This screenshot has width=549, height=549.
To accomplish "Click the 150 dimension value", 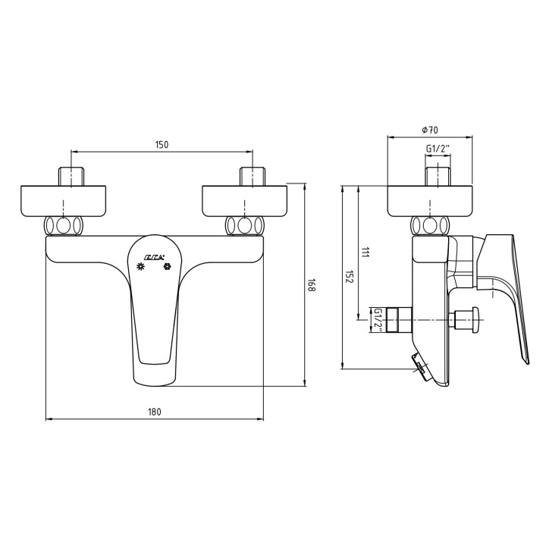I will [x=161, y=144].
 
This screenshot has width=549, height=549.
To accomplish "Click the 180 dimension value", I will [x=155, y=412].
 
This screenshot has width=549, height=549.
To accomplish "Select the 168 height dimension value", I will [x=311, y=286].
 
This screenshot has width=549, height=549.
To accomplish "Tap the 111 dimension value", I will [x=365, y=253].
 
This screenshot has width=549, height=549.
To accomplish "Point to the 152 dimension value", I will [x=350, y=278].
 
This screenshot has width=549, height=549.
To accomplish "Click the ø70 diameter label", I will [x=430, y=130].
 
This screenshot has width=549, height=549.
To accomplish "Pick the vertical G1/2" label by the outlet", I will [x=377, y=319].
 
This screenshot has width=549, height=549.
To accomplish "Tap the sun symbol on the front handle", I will [x=140, y=267].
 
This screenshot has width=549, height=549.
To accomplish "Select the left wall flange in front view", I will [x=64, y=199].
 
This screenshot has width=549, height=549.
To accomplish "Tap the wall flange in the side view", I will [x=430, y=199].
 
